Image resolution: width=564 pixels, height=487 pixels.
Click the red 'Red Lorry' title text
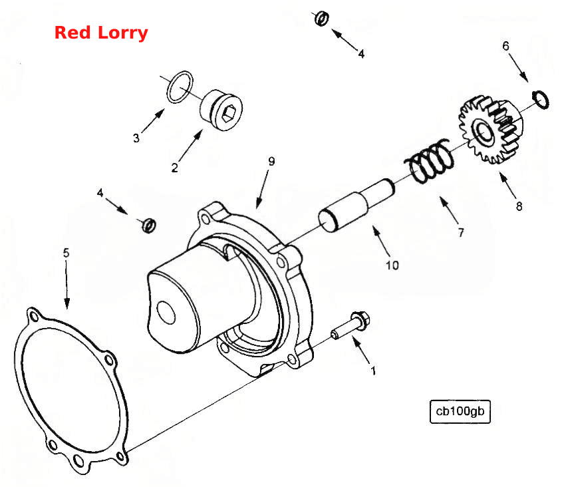point(101,33)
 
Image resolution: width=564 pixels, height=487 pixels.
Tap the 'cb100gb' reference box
point(460,411)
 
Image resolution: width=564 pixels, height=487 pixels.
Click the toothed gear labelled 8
point(491,130)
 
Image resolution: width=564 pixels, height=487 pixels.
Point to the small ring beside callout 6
point(540,99)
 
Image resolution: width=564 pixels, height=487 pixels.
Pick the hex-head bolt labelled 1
point(351,326)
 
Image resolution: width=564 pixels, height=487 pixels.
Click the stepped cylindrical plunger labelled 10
point(356,205)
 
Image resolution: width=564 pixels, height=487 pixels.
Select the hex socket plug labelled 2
point(221,110)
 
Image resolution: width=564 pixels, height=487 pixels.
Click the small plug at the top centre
point(321,19)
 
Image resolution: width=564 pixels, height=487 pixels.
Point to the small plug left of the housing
point(148,225)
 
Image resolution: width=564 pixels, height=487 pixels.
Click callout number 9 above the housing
point(271,162)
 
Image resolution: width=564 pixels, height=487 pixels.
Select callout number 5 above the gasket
point(66,253)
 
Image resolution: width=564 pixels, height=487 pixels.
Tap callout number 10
point(392,265)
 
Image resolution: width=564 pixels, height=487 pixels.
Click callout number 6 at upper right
point(505,46)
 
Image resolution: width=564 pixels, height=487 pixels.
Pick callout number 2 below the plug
point(174,168)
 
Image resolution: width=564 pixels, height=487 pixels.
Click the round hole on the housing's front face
point(166,313)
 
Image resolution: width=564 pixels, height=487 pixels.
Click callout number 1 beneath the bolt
point(373,371)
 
